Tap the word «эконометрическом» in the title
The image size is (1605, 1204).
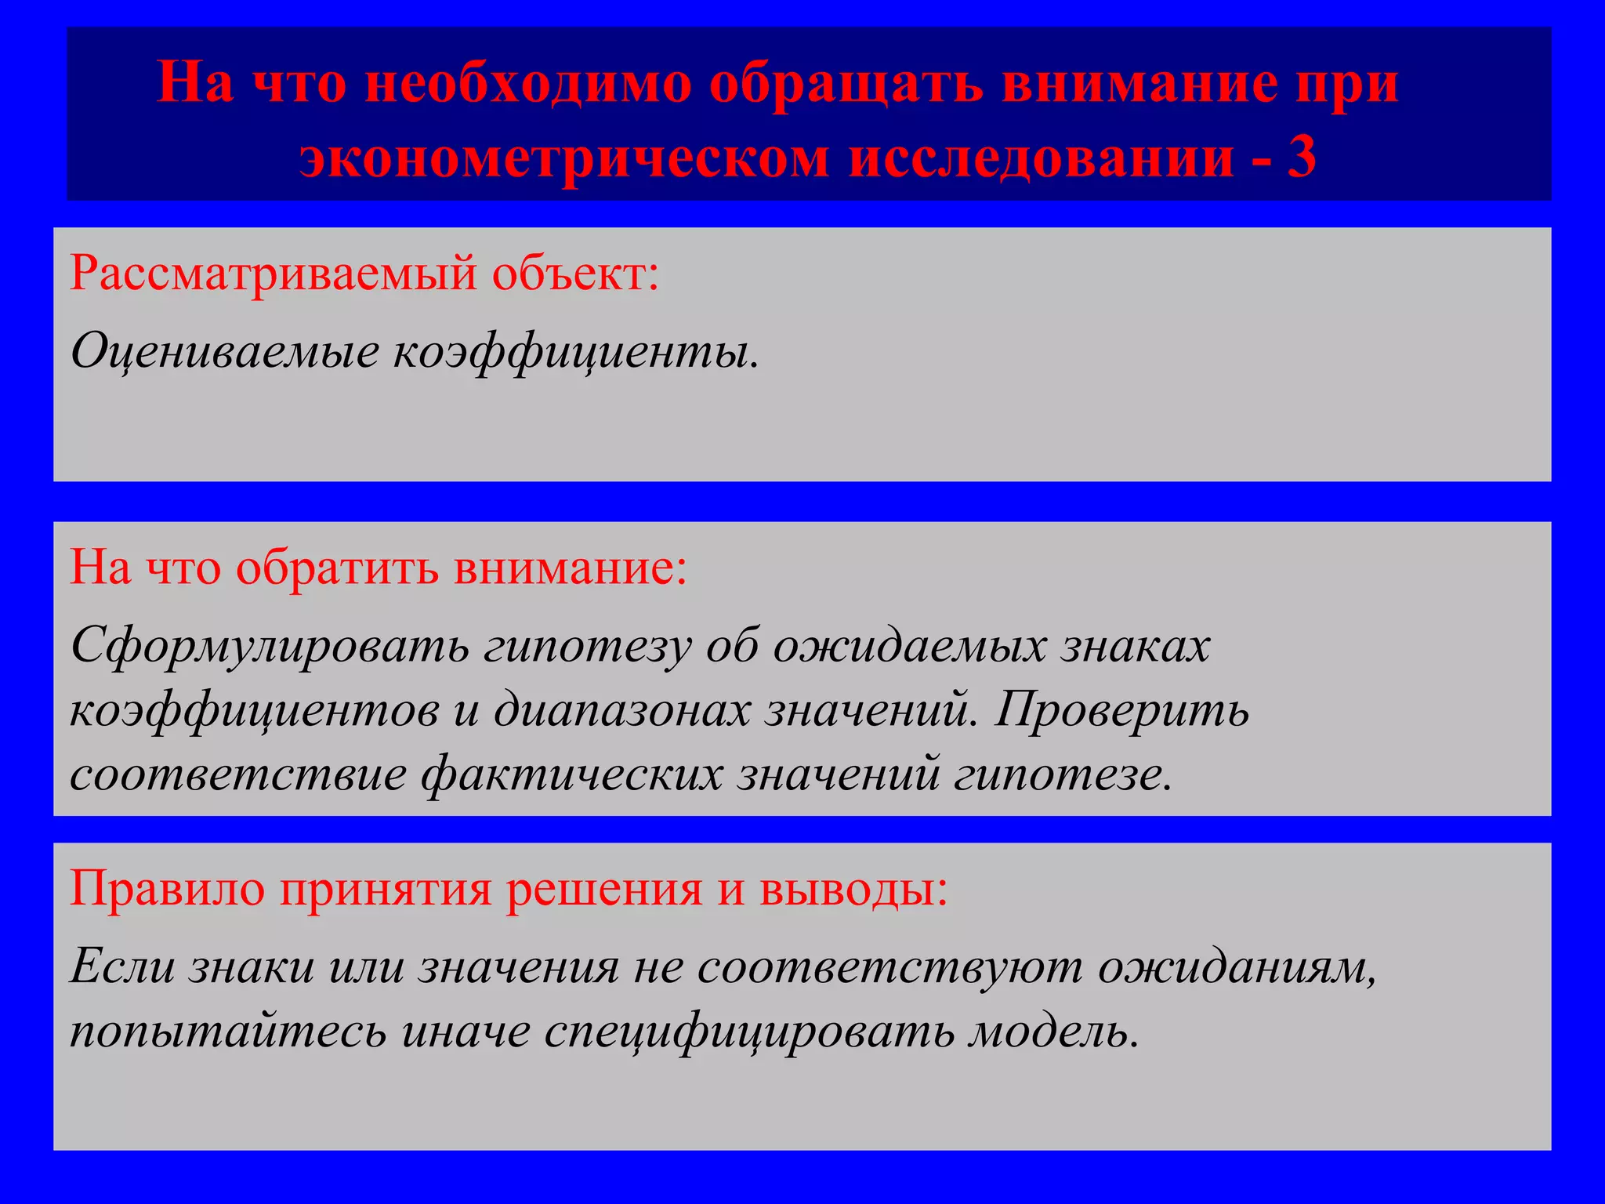[563, 157]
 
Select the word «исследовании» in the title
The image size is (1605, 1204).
[1042, 157]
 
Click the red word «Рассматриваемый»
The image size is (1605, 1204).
[274, 275]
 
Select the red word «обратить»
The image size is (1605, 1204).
[337, 568]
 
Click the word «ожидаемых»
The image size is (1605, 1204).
[910, 647]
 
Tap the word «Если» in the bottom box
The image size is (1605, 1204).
[122, 966]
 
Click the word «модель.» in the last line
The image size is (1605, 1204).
[1053, 1031]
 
